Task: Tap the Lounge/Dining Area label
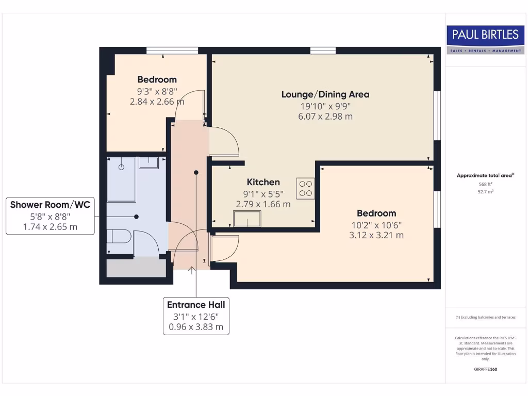[325, 94]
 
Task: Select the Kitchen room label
[263, 182]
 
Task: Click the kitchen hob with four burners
[305, 188]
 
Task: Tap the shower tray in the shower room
[122, 179]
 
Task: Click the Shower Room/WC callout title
[50, 205]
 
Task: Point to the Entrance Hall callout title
[196, 305]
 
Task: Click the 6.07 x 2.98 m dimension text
[325, 117]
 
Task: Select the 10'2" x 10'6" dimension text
[376, 225]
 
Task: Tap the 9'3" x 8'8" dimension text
[157, 91]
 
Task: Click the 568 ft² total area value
[486, 184]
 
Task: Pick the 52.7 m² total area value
[486, 192]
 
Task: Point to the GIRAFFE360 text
[486, 369]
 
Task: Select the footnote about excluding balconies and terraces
[486, 318]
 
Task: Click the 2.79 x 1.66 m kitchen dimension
[263, 204]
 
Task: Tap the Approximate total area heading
[485, 175]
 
